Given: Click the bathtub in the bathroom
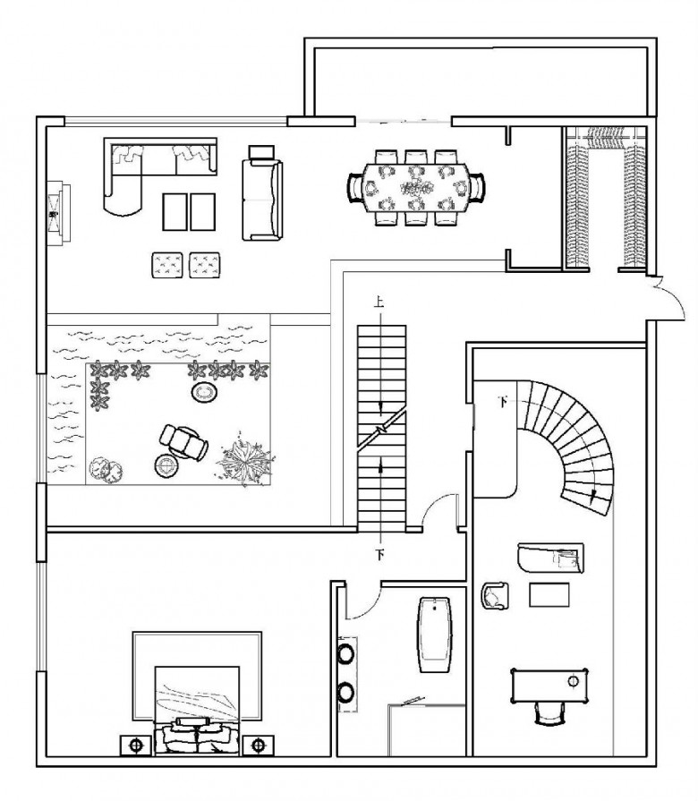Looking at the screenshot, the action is (435, 635).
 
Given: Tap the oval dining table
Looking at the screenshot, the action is (416, 188).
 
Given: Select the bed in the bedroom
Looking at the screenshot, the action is (197, 710).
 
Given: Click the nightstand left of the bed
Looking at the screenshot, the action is (136, 746).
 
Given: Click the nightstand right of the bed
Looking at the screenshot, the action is (258, 746).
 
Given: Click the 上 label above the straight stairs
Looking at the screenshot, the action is (379, 302).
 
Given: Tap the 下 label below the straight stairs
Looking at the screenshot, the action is (379, 554).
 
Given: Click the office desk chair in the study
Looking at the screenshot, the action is (550, 712).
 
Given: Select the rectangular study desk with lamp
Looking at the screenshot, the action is (549, 686).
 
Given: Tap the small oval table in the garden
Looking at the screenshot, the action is (205, 392).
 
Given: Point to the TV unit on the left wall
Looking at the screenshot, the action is (58, 213).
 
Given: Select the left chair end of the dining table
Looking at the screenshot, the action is (356, 187).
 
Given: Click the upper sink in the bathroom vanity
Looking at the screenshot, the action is (346, 653).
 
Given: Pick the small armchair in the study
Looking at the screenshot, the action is (494, 595).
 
